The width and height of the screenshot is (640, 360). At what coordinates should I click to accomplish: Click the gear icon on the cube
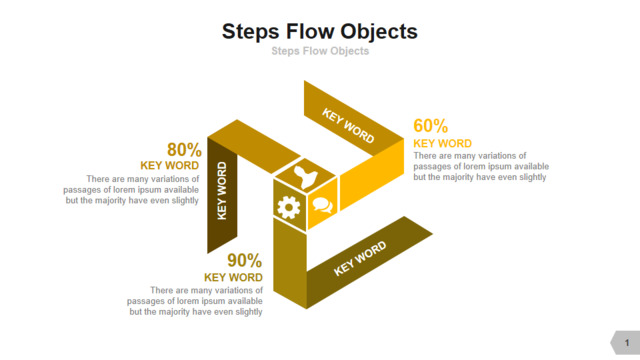point(289,207)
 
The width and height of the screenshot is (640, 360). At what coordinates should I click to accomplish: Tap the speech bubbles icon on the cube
point(322,205)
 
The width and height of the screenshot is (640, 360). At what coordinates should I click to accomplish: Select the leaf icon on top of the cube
point(305,177)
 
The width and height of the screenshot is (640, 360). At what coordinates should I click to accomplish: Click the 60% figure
point(431,126)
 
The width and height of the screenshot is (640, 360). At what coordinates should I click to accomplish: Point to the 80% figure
point(184,149)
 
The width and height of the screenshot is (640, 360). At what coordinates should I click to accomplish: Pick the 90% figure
point(244,260)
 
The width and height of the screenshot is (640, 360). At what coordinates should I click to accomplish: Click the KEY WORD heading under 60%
point(442,144)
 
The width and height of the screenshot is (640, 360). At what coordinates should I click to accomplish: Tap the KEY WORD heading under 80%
point(170,165)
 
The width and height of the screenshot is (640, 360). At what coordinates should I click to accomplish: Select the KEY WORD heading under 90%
point(233,277)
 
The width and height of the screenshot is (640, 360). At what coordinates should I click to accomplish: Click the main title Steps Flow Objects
point(320,31)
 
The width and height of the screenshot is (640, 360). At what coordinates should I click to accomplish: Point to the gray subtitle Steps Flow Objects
point(320,51)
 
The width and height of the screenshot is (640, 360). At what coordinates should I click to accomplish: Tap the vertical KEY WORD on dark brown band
point(222,191)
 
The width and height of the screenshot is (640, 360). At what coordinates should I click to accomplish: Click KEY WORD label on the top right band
point(348,126)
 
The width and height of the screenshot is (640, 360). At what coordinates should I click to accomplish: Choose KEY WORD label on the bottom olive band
point(360,258)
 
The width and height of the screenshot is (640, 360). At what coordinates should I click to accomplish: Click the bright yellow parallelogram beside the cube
point(372,174)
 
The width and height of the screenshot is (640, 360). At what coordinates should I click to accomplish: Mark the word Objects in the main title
point(379,31)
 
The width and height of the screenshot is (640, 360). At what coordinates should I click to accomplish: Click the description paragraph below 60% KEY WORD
point(481,166)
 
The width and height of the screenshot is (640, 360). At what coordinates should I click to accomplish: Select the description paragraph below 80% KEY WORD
point(131,189)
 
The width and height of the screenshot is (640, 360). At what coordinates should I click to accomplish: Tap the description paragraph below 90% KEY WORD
point(195,301)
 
